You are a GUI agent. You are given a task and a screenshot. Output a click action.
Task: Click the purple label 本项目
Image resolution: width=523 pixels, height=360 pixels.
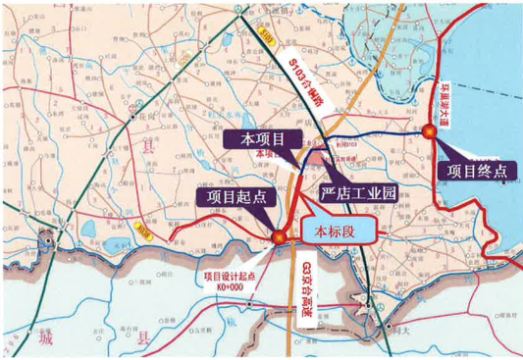(256, 140)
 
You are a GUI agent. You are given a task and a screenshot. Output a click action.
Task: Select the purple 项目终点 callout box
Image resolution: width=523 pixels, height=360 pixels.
(477, 169)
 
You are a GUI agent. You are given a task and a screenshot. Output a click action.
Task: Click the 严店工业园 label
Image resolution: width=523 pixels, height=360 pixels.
(358, 195)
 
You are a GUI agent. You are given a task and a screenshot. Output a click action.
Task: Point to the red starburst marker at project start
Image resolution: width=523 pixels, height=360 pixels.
(280, 235)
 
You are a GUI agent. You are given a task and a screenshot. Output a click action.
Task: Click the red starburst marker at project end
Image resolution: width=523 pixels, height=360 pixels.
(428, 131)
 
